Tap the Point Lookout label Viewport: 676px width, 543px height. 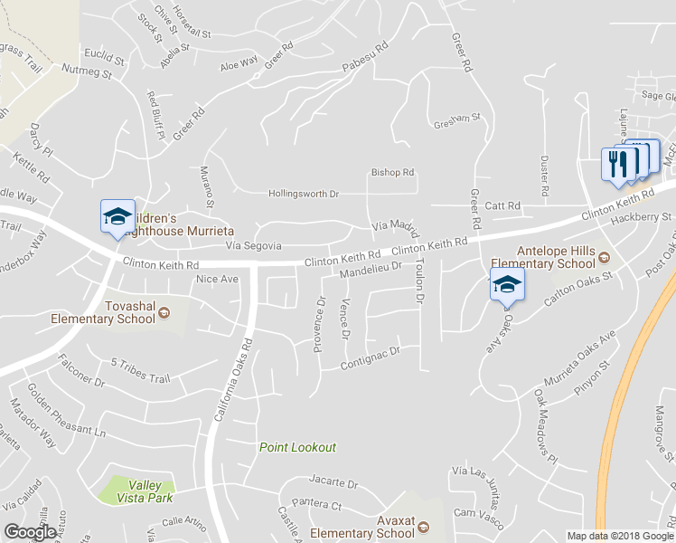[x=297, y=447]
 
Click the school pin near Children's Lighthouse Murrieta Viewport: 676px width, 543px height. [x=117, y=218]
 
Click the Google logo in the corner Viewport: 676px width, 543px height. [x=30, y=532]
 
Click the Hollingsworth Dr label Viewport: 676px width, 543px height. [x=304, y=194]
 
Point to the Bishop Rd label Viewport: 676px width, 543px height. [x=393, y=172]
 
